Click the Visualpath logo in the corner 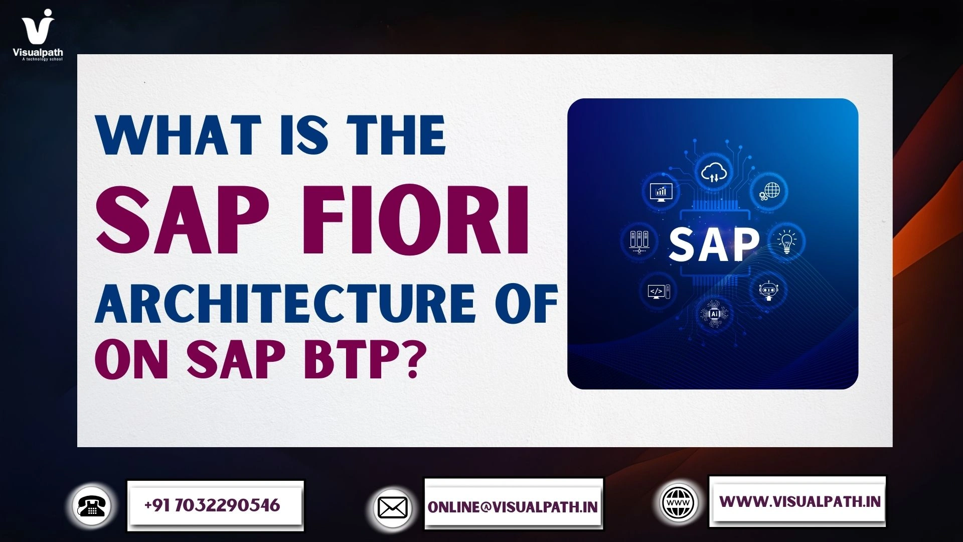click(38, 34)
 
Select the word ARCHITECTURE click(284, 304)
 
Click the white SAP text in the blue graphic click(714, 244)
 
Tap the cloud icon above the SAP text click(714, 174)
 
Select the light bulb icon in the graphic click(786, 241)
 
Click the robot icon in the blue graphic click(768, 290)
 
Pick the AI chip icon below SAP click(714, 314)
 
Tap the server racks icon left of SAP click(638, 240)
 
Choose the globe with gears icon click(769, 191)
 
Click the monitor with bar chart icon click(661, 191)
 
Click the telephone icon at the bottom click(92, 506)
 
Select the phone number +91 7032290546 click(212, 505)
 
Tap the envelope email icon click(393, 508)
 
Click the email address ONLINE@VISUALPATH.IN click(513, 507)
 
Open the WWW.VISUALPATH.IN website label click(799, 501)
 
